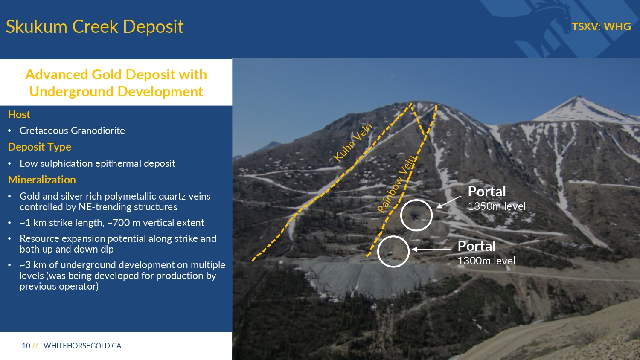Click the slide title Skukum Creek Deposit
95,27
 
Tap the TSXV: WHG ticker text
601,26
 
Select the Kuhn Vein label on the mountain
353,142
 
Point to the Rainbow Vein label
396,184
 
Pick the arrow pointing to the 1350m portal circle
449,202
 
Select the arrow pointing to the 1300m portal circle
432,250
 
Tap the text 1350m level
497,206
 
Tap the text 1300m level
486,261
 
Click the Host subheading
19,115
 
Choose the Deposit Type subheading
39,147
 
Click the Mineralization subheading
42,180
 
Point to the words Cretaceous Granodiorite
72,131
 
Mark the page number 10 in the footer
26,346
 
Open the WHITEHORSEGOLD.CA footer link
82,346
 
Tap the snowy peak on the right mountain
579,99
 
